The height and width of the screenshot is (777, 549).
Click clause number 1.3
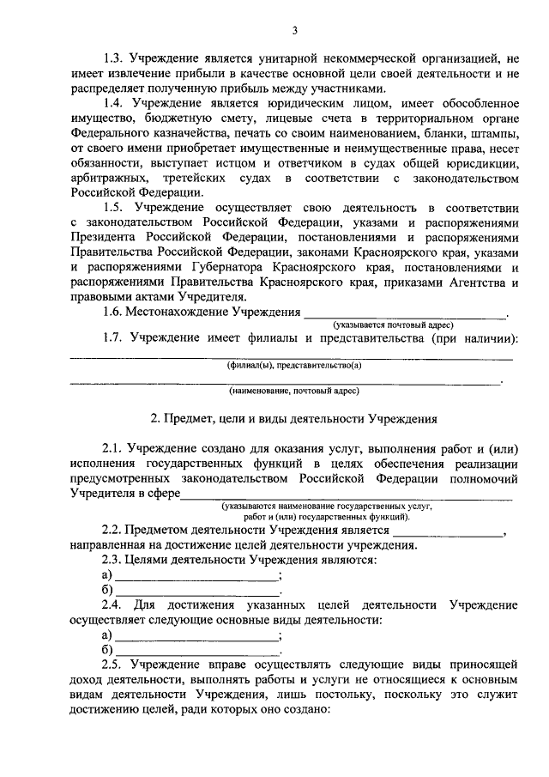tap(113, 59)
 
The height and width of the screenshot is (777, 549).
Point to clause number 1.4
tap(113, 103)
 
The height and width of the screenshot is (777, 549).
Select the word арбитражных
tap(106, 177)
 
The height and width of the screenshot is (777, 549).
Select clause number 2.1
tap(113, 448)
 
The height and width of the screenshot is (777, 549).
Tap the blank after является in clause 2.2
tap(449, 531)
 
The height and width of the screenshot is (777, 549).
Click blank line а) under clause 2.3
tap(198, 575)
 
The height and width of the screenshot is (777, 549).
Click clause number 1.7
tap(113, 338)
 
